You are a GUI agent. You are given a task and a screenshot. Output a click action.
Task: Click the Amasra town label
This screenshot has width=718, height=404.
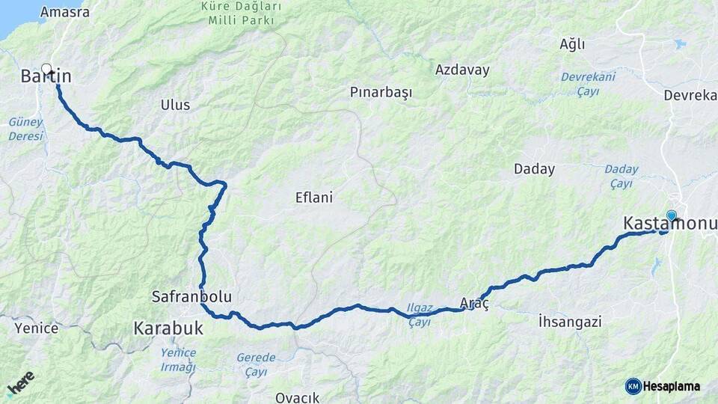tap(65, 12)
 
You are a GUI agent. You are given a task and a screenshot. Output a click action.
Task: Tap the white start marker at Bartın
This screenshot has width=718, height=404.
tap(47, 68)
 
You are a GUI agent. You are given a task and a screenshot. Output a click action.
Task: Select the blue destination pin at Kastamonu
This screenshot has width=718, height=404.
tap(671, 216)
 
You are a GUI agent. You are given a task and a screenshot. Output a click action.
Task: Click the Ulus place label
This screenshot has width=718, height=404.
tap(175, 105)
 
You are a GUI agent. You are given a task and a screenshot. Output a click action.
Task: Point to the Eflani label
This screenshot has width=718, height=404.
tap(314, 198)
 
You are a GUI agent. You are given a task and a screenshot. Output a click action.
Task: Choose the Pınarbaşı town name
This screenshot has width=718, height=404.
tap(381, 92)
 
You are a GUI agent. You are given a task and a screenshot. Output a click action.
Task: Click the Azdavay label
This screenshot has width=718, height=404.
tap(462, 70)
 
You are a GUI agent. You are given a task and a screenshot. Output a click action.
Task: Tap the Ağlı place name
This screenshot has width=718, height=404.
tap(572, 44)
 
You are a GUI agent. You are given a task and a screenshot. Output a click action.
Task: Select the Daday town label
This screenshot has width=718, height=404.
tap(534, 169)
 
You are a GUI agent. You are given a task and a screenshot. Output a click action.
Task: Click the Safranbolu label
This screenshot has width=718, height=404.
tap(191, 297)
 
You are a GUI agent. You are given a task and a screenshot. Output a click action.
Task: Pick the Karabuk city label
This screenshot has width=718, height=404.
tap(168, 328)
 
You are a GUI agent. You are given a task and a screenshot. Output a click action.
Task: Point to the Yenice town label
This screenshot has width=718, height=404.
tap(36, 328)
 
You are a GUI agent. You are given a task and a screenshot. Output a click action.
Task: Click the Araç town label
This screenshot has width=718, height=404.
tap(474, 303)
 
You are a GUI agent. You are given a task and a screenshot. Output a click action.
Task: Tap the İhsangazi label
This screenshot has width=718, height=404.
tap(570, 322)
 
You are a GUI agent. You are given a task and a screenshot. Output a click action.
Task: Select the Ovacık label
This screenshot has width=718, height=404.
tap(297, 397)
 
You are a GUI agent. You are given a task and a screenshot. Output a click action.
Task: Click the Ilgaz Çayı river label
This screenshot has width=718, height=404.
tap(419, 314)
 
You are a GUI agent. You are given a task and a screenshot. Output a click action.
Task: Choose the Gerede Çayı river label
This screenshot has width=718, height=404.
tap(256, 364)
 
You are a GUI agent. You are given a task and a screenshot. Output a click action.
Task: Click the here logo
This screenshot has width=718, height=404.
tap(20, 382)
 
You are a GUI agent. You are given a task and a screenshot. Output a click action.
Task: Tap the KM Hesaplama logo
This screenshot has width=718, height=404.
tap(663, 386)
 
